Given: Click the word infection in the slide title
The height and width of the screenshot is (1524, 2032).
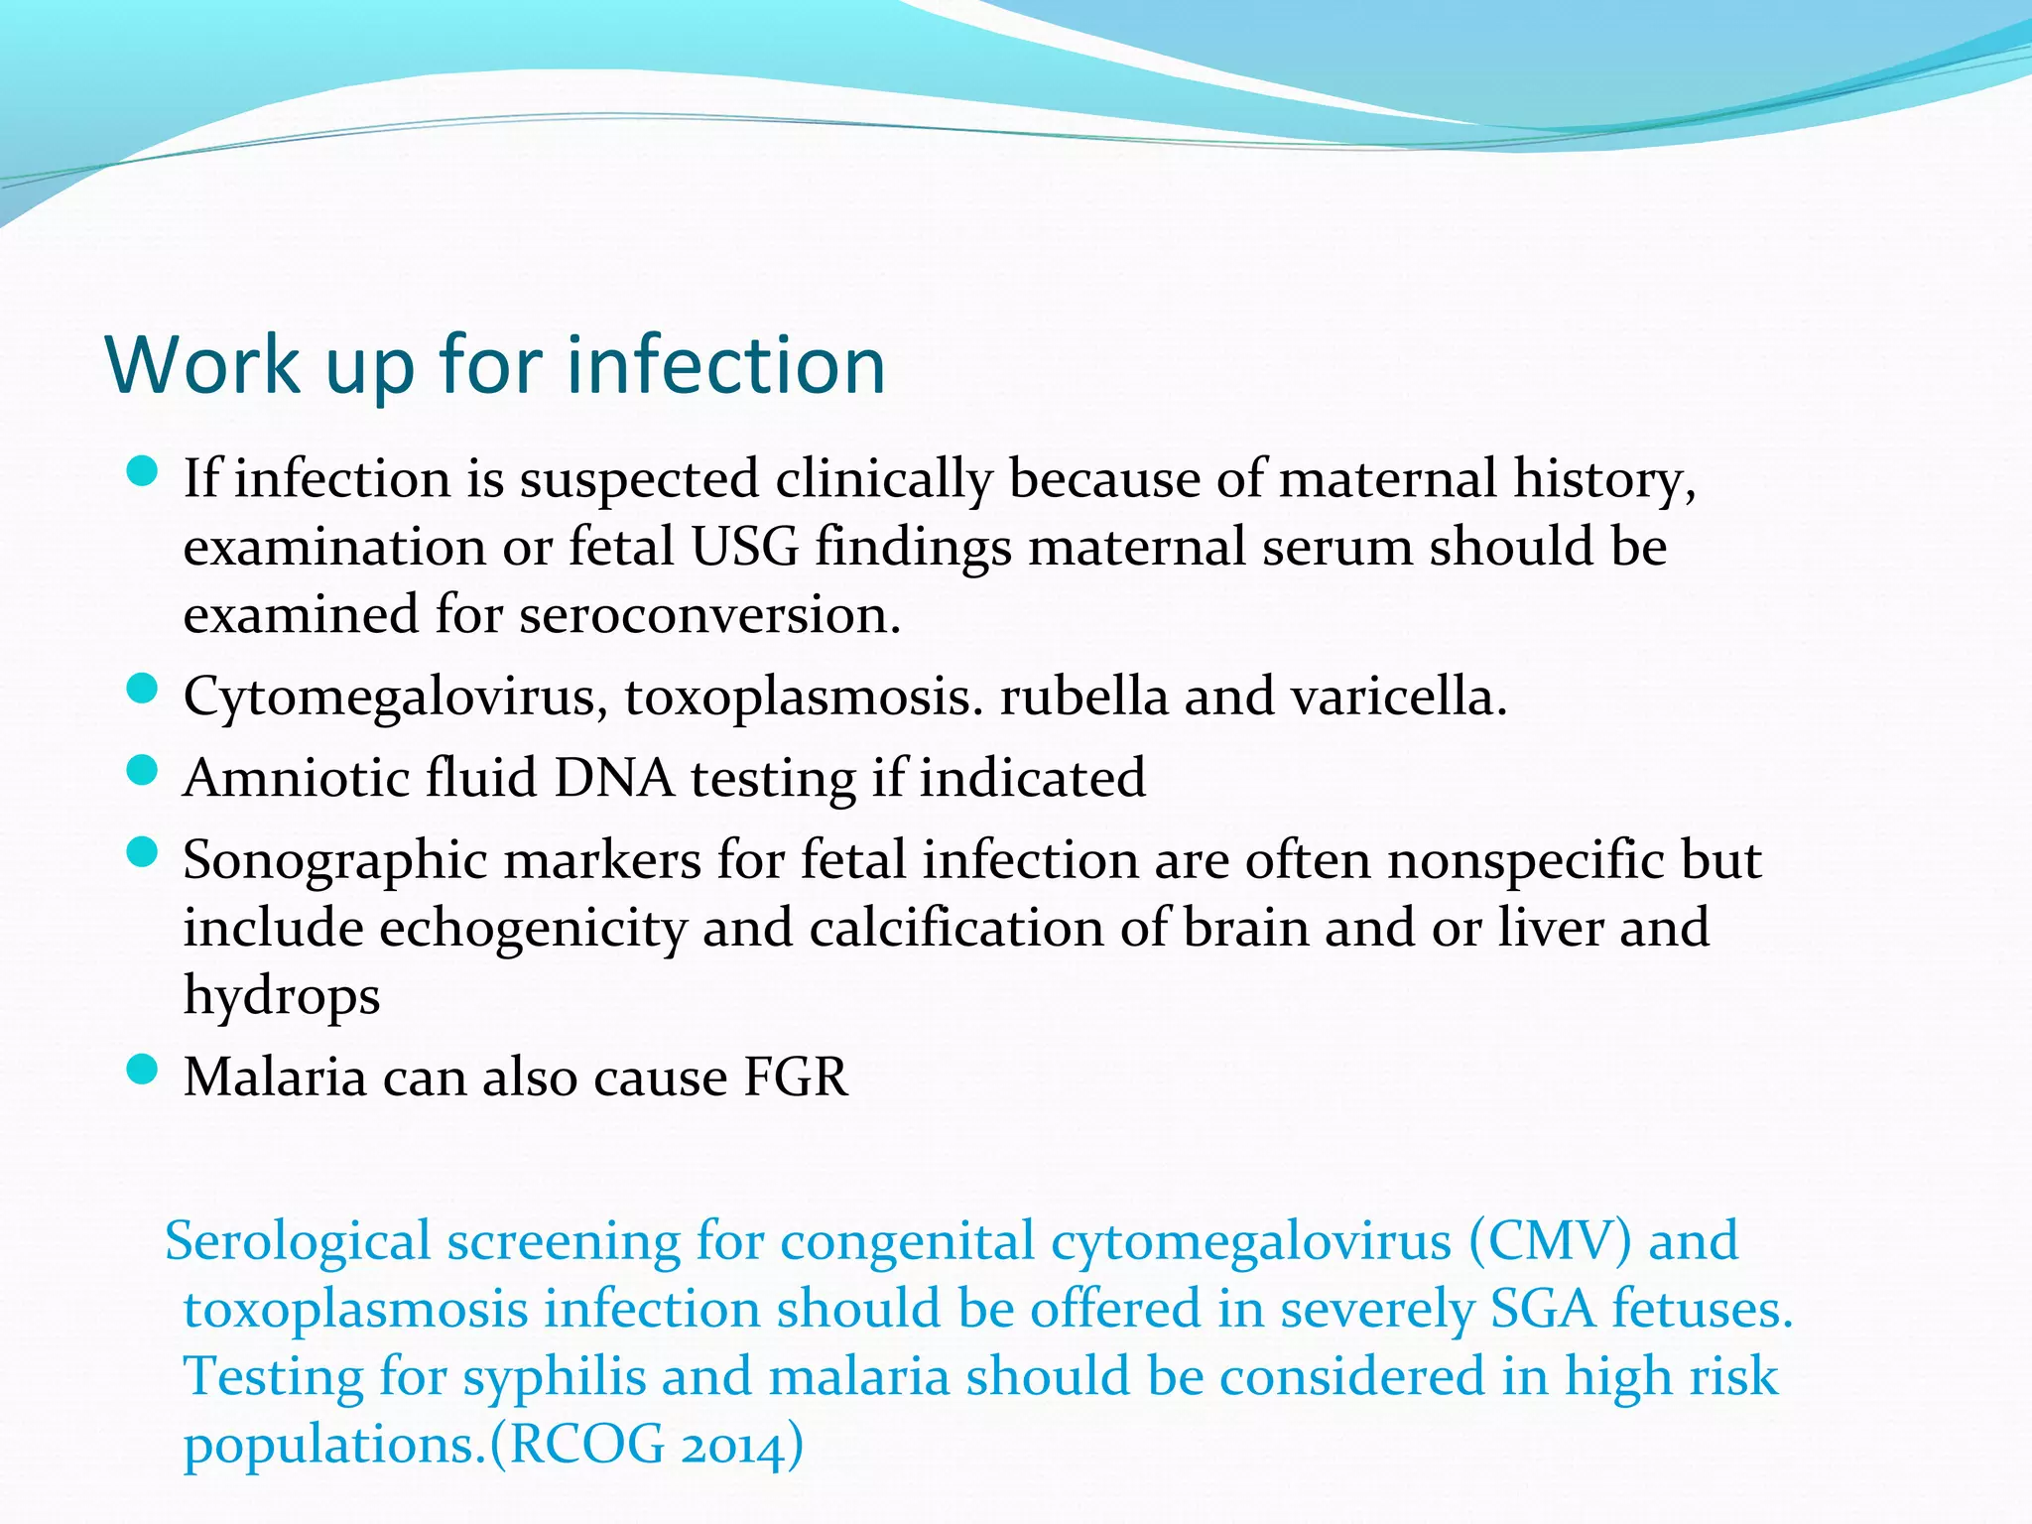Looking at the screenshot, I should point(725,365).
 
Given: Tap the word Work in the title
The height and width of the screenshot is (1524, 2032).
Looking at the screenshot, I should point(202,365).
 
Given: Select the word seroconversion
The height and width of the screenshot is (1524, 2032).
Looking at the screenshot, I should point(709,615).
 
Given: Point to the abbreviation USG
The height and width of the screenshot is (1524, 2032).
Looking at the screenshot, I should point(744,547).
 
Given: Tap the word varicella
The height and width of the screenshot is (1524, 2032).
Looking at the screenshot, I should point(1399,697).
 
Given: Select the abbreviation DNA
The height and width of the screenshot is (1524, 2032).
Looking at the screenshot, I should point(614,778).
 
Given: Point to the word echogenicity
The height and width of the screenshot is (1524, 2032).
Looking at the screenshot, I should point(533,929).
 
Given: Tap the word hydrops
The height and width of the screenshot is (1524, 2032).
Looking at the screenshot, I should point(282,996).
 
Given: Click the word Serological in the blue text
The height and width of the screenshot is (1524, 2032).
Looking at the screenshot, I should point(298,1242).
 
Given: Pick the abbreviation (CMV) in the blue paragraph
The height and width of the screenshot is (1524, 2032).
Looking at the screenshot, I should point(1550,1242).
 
